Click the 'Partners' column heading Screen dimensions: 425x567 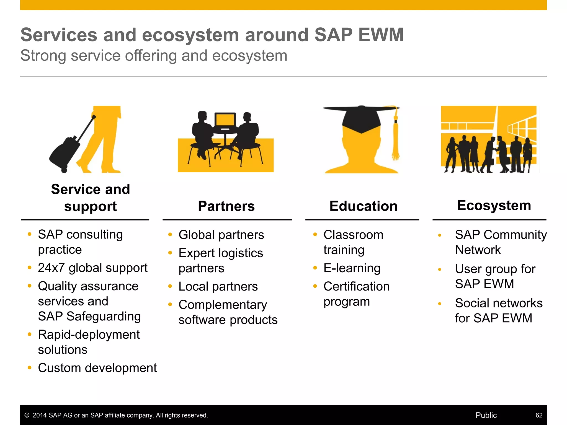226,206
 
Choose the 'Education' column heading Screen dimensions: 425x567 363,206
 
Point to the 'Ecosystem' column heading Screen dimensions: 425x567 494,205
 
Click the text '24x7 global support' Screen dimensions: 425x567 92,268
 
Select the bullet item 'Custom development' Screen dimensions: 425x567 97,368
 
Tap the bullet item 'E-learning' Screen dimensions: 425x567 352,268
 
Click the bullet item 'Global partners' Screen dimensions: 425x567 221,235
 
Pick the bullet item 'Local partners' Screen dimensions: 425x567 218,286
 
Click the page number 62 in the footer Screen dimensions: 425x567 539,415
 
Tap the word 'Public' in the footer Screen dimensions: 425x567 486,415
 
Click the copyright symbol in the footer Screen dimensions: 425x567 27,415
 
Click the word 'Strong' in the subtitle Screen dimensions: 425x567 43,56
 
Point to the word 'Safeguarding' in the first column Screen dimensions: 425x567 104,316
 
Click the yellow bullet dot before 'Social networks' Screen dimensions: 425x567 439,304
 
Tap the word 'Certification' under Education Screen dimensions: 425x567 356,286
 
